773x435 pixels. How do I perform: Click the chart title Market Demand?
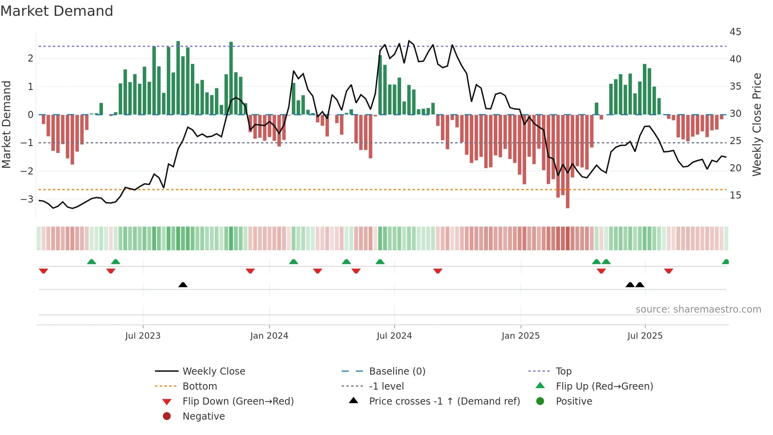(x=57, y=11)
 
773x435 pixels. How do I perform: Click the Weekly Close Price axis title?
(x=756, y=124)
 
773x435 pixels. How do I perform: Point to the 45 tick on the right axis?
(x=735, y=32)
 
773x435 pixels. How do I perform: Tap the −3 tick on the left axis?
(x=27, y=199)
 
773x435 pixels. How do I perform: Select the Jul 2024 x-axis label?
(x=394, y=336)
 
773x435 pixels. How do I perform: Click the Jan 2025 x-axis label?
(x=520, y=336)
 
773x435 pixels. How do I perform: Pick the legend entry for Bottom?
(x=200, y=386)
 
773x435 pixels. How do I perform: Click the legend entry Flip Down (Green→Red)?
(x=238, y=401)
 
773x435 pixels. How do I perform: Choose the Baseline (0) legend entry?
(x=397, y=371)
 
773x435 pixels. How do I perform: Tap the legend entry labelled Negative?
(x=204, y=416)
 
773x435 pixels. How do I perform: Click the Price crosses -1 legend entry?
(x=444, y=401)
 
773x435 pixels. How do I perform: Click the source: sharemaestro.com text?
(x=698, y=309)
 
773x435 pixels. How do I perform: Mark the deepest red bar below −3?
(x=568, y=201)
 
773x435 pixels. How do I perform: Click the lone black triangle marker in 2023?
(x=183, y=285)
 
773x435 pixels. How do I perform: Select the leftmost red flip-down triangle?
(x=43, y=271)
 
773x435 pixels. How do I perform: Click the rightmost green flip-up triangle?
(x=725, y=262)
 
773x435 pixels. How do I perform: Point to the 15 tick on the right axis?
(x=735, y=195)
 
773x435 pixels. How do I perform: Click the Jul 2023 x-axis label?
(x=143, y=336)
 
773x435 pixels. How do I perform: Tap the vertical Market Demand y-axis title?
(x=6, y=124)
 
